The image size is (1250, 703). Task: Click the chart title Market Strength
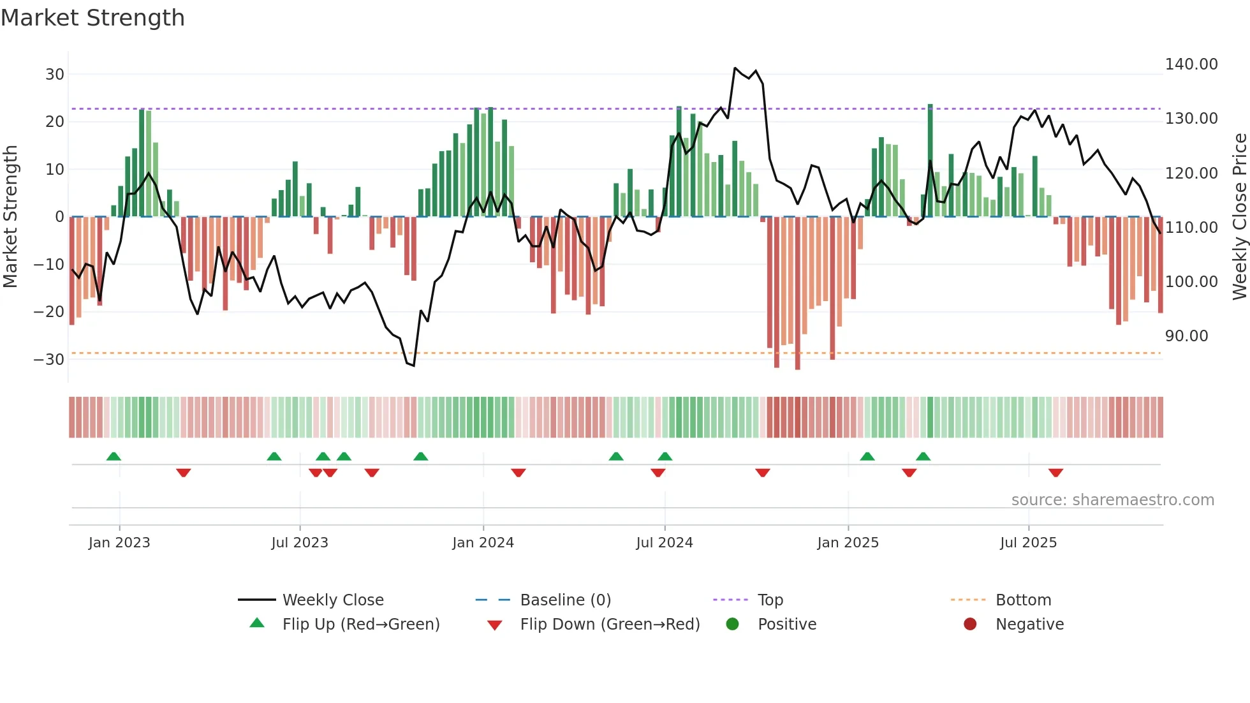click(x=92, y=18)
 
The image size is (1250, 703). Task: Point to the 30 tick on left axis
click(x=55, y=74)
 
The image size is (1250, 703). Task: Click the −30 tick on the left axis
click(x=49, y=359)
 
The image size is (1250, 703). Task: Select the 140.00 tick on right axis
click(x=1191, y=64)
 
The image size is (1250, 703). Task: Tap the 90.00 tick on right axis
click(x=1186, y=336)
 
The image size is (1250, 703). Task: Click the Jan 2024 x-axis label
click(x=483, y=543)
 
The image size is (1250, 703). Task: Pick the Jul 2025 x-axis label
click(x=1028, y=543)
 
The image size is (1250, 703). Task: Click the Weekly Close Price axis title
click(x=1239, y=217)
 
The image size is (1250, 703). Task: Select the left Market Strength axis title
click(x=10, y=217)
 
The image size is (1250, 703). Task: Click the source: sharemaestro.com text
click(x=1112, y=500)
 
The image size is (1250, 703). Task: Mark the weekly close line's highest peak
click(x=735, y=68)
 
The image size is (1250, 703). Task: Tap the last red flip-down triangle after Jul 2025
click(x=1055, y=473)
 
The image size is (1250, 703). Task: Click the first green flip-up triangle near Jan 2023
click(x=114, y=456)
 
